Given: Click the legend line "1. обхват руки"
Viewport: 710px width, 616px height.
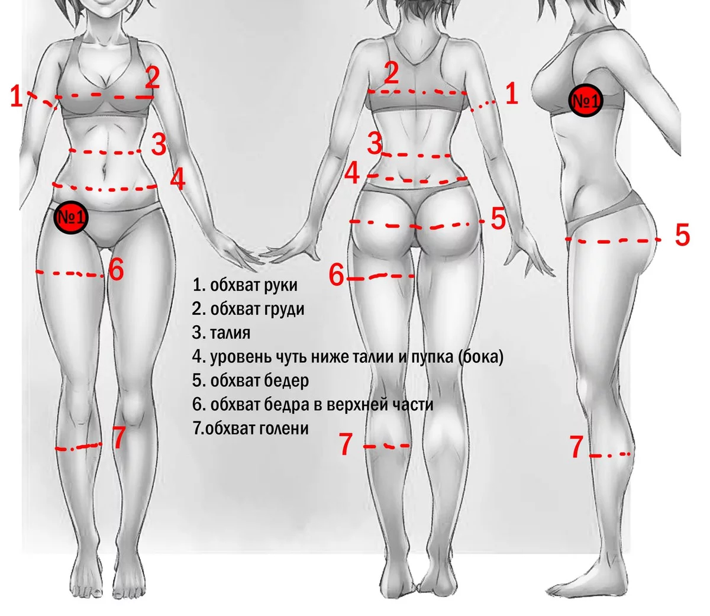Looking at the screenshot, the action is (x=245, y=285).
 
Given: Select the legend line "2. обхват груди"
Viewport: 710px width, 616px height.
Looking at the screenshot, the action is (x=248, y=309).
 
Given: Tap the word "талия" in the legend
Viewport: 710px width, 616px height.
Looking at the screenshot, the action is (x=230, y=333).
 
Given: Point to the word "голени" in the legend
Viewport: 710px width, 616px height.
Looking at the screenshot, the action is (x=284, y=428).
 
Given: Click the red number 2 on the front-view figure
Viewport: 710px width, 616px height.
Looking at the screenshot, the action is (x=153, y=78).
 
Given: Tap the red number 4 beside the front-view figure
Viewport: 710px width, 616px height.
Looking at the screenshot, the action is (x=177, y=179).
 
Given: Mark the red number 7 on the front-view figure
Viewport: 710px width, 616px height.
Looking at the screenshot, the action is (x=119, y=438).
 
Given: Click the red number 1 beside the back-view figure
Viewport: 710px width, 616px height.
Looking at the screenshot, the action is (x=511, y=94).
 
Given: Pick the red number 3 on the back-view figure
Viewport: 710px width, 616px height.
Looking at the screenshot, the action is (x=375, y=144).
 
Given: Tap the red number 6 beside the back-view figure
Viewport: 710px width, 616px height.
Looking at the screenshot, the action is (x=336, y=275).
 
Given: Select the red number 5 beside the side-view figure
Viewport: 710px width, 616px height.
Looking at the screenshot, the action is (x=683, y=236).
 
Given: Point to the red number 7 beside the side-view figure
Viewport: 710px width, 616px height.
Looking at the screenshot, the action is (x=577, y=447).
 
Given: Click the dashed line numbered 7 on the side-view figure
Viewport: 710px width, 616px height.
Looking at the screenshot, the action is (x=610, y=455).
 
